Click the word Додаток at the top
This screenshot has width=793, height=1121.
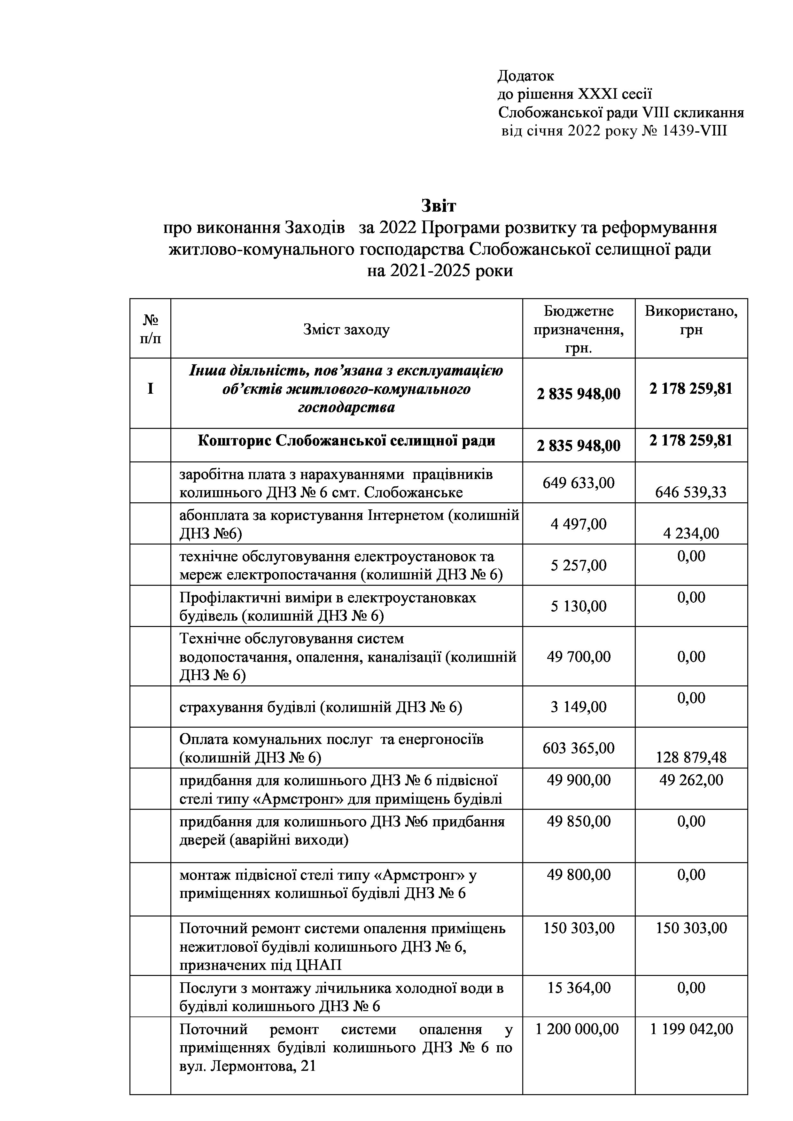(525, 76)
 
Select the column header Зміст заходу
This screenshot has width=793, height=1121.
(346, 329)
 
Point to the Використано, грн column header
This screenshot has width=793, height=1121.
(691, 320)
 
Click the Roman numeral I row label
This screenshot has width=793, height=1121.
(151, 389)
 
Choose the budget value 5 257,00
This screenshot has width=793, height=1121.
(579, 565)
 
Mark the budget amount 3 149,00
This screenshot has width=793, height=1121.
(579, 707)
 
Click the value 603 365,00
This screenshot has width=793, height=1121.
(579, 747)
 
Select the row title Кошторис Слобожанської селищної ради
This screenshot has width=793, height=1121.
(346, 441)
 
